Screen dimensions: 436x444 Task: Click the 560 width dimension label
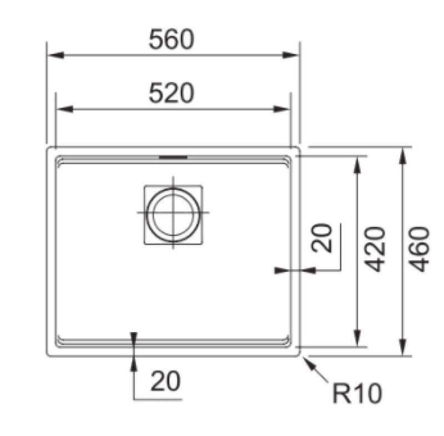point(171,40)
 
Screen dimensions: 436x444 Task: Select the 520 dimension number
point(171,94)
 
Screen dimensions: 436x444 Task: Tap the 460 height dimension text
point(420,249)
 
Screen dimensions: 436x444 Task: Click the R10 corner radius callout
point(357,394)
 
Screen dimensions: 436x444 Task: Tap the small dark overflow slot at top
point(173,158)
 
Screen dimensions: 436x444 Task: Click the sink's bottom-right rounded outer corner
point(298,353)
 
